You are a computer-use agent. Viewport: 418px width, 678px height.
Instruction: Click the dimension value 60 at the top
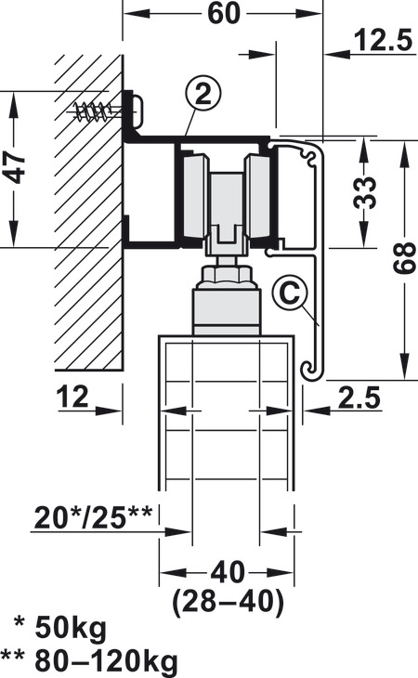click(223, 13)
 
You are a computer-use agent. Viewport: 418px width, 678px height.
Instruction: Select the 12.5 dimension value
click(384, 40)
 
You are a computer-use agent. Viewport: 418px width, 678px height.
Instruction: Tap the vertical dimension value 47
click(16, 168)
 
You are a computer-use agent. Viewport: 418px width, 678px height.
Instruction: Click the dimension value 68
click(405, 258)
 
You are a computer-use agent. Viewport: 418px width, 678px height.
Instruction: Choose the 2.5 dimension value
click(359, 398)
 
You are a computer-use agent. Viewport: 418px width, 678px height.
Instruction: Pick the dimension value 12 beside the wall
click(72, 397)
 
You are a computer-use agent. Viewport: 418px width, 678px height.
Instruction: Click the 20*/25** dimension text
click(94, 517)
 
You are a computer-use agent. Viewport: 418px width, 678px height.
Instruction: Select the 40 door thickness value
click(228, 571)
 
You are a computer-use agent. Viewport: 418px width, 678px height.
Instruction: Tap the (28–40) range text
click(228, 601)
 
